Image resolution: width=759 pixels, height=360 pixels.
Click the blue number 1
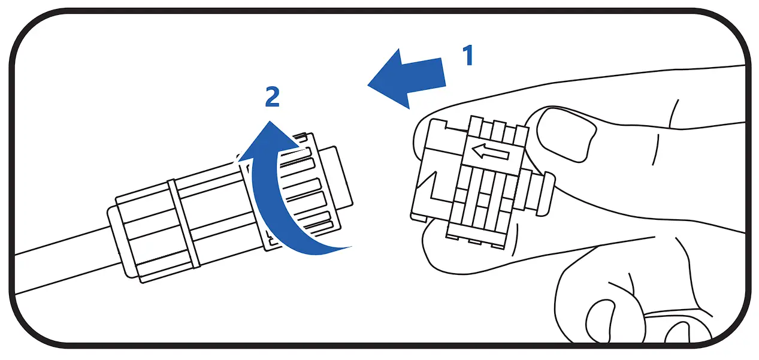(x=467, y=56)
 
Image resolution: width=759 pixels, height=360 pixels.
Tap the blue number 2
(x=273, y=97)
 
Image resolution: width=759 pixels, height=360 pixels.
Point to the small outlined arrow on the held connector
(x=489, y=152)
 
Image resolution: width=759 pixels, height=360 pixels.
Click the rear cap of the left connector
(x=120, y=240)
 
